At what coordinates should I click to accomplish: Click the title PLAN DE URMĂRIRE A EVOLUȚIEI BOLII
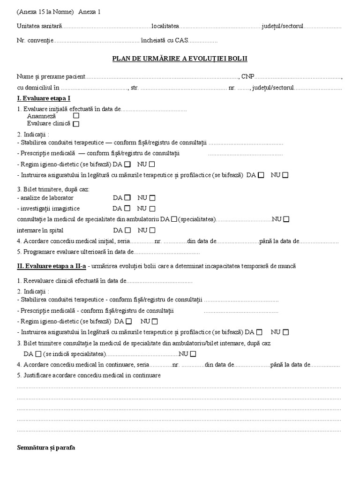coord(180,59)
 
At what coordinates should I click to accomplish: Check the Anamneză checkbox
coord(76,115)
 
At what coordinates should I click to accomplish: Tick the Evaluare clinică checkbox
coord(76,124)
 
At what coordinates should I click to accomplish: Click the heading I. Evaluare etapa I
coord(44,98)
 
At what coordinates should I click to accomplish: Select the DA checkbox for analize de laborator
coord(127,197)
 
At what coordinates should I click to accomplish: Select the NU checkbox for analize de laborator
coord(152,197)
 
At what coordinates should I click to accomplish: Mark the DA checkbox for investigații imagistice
coord(127,208)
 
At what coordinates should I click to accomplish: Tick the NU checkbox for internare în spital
coord(152,230)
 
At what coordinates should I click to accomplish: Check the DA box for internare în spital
coord(127,230)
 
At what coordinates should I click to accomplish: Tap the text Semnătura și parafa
coord(46,448)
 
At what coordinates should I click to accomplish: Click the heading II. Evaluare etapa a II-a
coord(52,266)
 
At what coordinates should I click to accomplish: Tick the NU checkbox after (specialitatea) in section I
coord(286,219)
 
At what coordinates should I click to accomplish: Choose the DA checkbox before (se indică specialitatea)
coord(38,353)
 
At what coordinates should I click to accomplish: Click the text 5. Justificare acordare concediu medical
coord(89,375)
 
